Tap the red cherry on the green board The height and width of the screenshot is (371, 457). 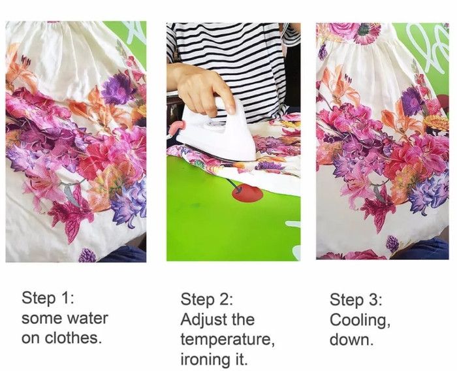point(247,194)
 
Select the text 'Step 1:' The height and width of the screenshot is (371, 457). point(48,298)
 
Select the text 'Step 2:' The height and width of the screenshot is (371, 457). point(207,300)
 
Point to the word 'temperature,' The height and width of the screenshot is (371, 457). point(227,340)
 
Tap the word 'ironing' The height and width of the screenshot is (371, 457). point(204,359)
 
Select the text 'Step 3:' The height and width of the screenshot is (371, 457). point(356,300)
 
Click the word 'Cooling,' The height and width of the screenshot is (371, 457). point(360,320)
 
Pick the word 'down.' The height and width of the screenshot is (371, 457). point(351,340)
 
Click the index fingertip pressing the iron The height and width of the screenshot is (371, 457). point(231,110)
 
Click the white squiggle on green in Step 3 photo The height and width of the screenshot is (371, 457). point(428,46)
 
